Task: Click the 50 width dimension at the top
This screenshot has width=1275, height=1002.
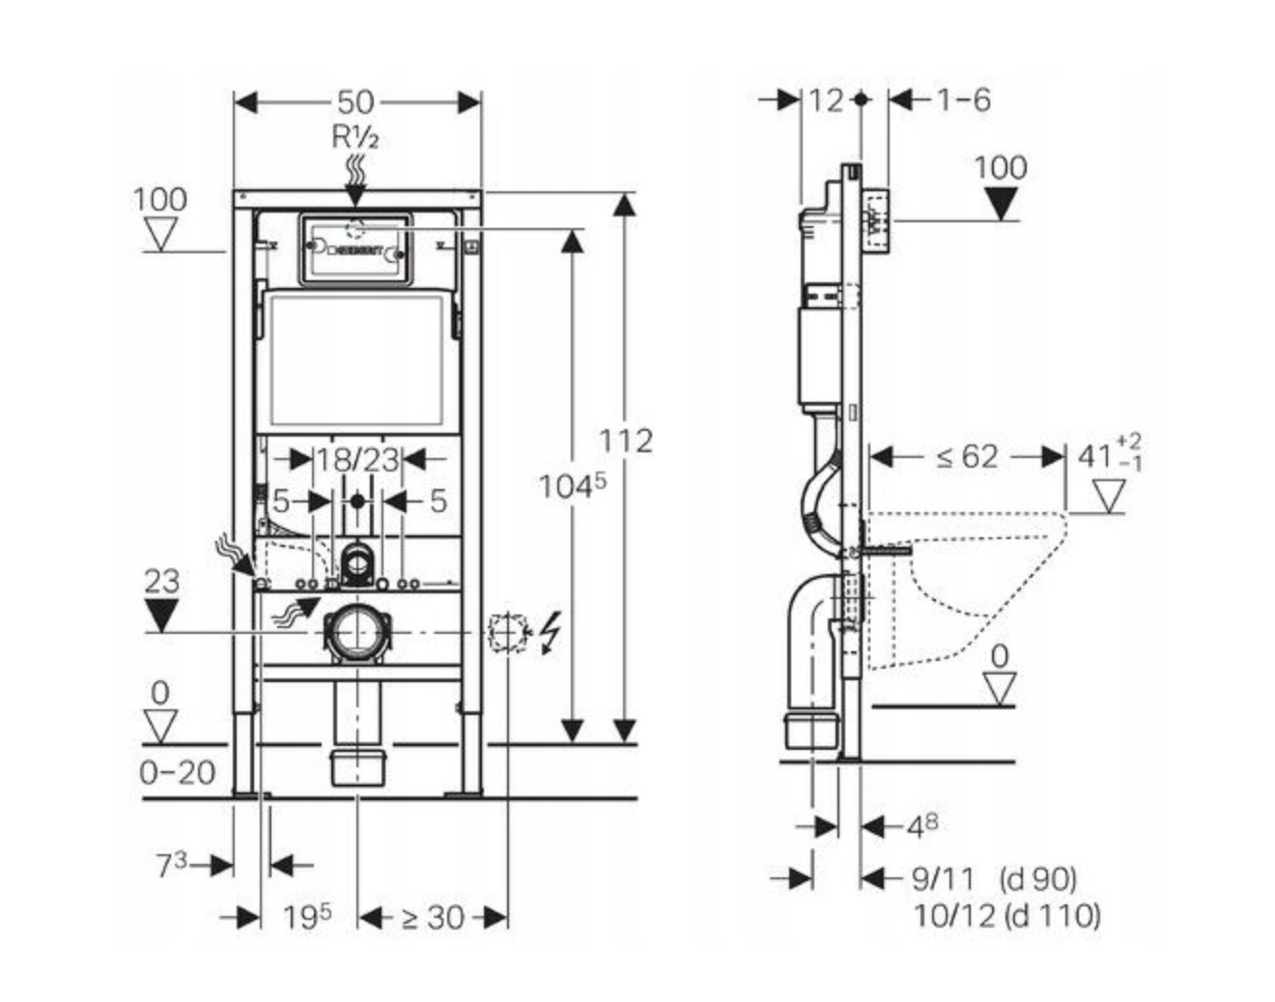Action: pos(355,101)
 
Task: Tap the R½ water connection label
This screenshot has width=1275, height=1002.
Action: pos(355,137)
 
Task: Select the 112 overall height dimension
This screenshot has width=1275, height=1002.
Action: pos(625,442)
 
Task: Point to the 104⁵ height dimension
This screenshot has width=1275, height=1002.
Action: pos(572,486)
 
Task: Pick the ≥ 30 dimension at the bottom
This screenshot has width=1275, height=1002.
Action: pos(432,917)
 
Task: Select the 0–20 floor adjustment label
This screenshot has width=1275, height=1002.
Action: pos(177,773)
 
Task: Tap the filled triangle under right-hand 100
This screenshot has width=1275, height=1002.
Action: pos(1001,203)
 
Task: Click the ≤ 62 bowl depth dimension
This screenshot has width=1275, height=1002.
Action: pos(966,456)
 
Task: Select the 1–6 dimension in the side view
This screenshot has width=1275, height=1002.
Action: pos(962,100)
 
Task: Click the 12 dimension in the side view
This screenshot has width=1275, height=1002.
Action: pos(826,100)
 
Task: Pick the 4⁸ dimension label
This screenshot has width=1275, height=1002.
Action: pos(922,826)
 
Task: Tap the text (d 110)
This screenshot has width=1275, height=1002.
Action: pos(1052,914)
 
